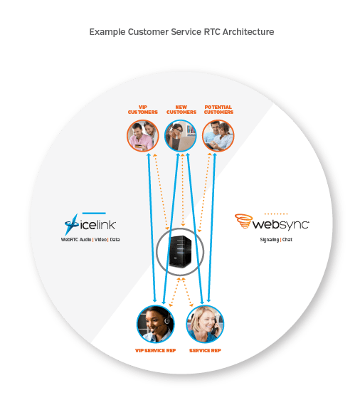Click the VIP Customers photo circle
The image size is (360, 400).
143,136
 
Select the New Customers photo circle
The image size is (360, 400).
181,136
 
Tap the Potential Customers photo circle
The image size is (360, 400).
218,136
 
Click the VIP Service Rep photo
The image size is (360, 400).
156,324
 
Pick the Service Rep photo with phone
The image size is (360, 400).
205,324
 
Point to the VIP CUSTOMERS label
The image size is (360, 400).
143,110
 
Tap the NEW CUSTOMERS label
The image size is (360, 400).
181,110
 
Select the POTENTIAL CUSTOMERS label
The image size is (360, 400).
218,110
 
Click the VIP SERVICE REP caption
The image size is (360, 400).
156,350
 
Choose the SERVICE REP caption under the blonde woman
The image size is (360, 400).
205,350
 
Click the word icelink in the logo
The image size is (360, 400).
98,225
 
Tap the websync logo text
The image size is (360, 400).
280,224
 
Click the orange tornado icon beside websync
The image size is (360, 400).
243,221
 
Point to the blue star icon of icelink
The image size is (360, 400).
71,224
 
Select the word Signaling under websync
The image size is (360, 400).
269,240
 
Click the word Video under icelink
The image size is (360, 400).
100,240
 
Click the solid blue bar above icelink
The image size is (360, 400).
94,213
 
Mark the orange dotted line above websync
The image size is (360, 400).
276,214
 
